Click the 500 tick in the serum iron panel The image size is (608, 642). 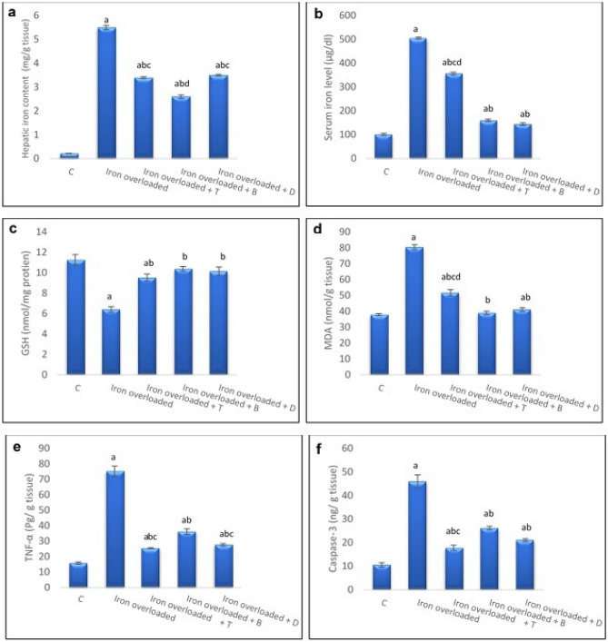coord(346,39)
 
